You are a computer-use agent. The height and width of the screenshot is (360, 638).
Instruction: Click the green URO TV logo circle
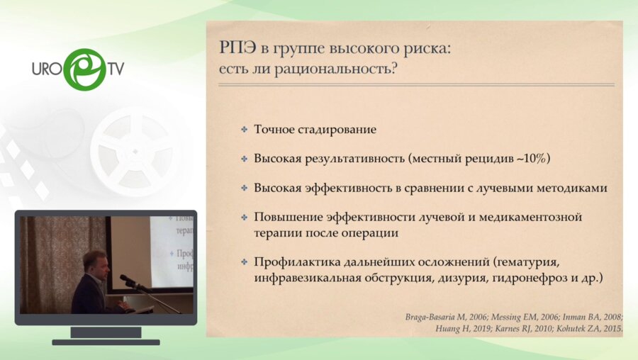point(84,69)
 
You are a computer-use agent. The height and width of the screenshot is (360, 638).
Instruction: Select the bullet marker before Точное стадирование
point(244,130)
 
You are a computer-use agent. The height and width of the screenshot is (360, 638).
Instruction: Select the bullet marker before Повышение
point(244,217)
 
